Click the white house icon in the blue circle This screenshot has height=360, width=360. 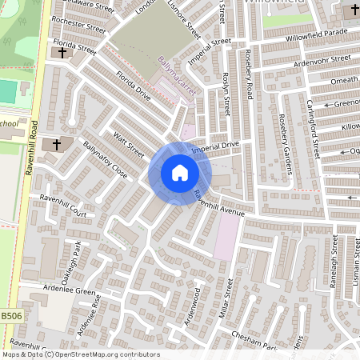180,173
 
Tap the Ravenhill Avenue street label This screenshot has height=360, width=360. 218,207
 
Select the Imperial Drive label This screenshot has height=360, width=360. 214,147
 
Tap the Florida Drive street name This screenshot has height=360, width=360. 133,87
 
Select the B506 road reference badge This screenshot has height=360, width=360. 11,317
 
